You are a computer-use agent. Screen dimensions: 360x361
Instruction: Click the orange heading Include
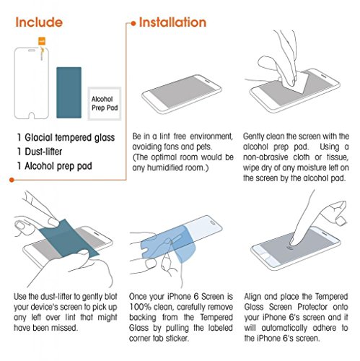[x=39, y=22]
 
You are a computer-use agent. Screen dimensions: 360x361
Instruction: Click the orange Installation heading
[x=172, y=22]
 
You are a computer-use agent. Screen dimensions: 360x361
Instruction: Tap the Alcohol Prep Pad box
[x=105, y=103]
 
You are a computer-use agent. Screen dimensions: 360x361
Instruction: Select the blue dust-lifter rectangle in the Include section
[x=69, y=92]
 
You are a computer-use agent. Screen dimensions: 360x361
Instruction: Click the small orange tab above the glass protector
[x=42, y=41]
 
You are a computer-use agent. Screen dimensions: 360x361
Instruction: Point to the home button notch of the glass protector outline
[x=32, y=116]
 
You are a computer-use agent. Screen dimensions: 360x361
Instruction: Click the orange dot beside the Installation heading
[x=133, y=23]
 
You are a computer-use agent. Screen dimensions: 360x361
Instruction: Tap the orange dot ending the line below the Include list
[x=12, y=180]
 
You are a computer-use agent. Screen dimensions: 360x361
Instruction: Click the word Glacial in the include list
[x=38, y=137]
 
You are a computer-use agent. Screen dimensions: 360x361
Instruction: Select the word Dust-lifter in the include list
[x=43, y=152]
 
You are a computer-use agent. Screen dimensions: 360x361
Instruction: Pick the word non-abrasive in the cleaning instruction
[x=265, y=157]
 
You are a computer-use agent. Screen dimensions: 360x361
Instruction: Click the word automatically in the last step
[x=284, y=328]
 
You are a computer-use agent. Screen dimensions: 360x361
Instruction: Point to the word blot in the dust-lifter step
[x=110, y=297]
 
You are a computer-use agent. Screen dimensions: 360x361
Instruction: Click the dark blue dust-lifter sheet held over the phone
[x=69, y=239]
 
